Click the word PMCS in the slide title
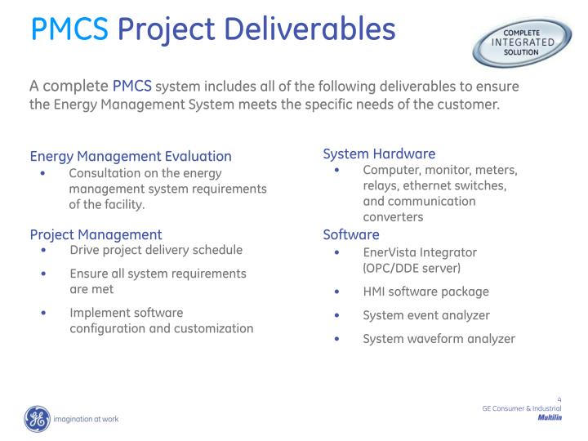tap(69, 29)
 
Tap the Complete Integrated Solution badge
tap(522, 42)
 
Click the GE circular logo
tap(37, 419)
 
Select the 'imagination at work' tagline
tap(86, 419)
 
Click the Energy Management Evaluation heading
tap(131, 156)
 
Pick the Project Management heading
tap(96, 234)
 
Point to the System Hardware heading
tap(379, 154)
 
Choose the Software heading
tap(351, 234)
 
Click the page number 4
tap(559, 399)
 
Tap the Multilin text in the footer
tap(550, 417)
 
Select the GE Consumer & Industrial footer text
tap(521, 408)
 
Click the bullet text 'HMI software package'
tap(425, 292)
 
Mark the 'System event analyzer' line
tap(425, 315)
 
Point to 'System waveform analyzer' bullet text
tap(439, 339)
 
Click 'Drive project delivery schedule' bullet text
tap(156, 250)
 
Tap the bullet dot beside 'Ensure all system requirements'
tap(42, 274)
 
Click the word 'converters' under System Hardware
tap(393, 216)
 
